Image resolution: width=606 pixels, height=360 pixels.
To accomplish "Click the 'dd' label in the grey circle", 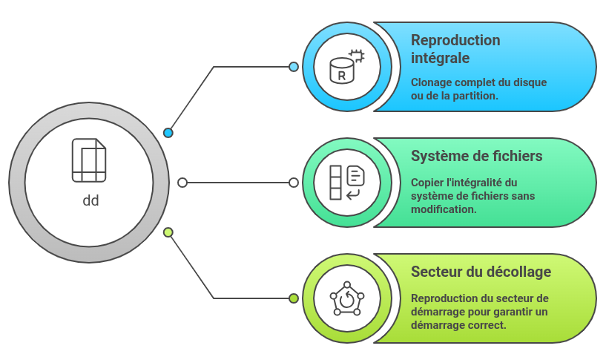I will tap(90, 200).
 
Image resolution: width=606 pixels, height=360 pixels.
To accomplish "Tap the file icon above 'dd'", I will tap(89, 160).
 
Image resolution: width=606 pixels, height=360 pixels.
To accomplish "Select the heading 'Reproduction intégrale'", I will tap(455, 48).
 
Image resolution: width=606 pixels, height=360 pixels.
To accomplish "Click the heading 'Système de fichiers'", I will tap(476, 156).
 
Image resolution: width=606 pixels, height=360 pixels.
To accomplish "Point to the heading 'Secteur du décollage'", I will tap(481, 272).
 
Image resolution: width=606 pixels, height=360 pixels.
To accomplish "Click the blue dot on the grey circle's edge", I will tap(168, 133).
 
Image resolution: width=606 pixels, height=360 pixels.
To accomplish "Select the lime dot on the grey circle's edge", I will tap(168, 232).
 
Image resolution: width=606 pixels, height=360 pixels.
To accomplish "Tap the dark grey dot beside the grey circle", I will tap(182, 183).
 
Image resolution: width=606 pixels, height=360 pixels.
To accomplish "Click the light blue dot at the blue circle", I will tap(294, 67).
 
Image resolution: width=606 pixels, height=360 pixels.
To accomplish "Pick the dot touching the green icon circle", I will tap(294, 183).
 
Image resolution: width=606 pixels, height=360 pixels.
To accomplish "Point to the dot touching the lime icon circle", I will tap(294, 298).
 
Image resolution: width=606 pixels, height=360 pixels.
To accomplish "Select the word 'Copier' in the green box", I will tap(428, 183).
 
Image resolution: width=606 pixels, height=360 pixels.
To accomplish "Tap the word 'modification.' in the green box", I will tap(444, 209).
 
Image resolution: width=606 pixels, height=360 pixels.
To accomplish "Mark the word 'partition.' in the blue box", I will tap(475, 96).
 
